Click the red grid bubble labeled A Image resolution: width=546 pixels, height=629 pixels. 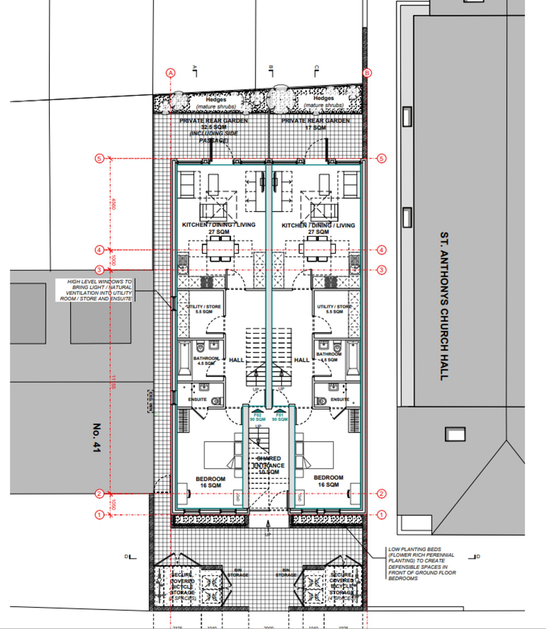point(170,73)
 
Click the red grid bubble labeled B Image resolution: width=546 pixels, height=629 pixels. point(367,73)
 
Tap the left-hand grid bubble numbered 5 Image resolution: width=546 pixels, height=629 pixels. point(99,158)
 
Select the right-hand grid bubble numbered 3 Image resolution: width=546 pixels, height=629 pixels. point(381,270)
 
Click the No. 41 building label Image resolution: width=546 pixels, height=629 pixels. point(96,438)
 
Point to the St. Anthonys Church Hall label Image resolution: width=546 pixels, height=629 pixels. point(444,306)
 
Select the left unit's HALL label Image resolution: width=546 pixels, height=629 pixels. point(236,360)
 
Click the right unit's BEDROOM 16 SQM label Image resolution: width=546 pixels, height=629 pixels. point(328,481)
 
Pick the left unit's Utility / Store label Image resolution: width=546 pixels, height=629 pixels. point(204,309)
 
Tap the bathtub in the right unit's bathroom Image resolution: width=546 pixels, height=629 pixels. point(353,359)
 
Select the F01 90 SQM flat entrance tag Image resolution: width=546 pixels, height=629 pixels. point(279,417)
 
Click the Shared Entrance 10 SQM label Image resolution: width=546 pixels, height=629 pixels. point(268,465)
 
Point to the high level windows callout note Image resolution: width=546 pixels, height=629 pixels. point(95,290)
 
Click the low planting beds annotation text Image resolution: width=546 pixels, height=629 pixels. point(422,564)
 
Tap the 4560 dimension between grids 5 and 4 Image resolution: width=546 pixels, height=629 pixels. point(113,204)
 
